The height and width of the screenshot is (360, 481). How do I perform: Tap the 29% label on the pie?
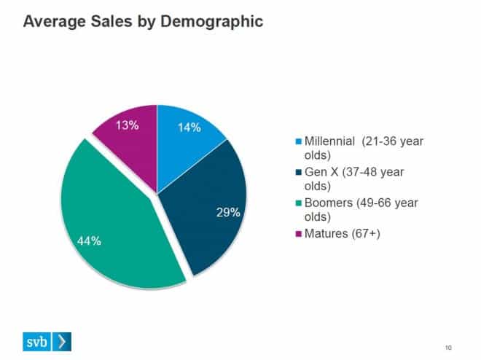(228, 213)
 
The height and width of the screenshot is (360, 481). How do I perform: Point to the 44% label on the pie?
(90, 241)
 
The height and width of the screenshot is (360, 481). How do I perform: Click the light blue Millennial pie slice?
(186, 146)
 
